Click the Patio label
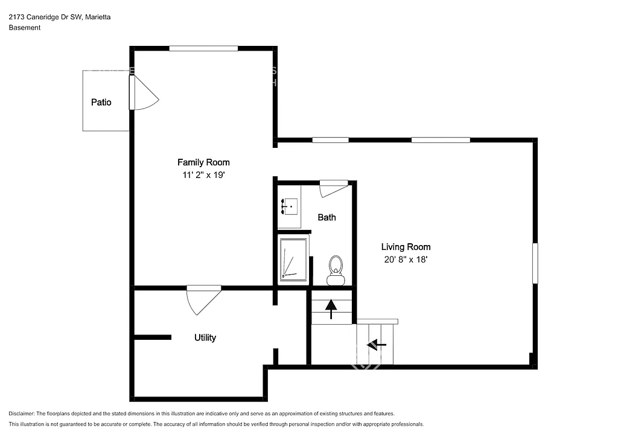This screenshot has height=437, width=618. [x=101, y=103]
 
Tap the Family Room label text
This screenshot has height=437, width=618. [x=203, y=162]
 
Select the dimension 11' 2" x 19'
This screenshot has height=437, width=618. [x=203, y=176]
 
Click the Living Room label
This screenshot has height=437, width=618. [x=406, y=247]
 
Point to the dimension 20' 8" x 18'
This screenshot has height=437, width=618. [x=406, y=260]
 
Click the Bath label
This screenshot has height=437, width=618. [x=327, y=217]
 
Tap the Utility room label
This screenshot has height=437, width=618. [x=205, y=338]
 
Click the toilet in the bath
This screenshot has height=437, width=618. [x=336, y=269]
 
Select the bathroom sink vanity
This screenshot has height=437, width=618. [x=289, y=207]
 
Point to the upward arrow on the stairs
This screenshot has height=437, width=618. [x=331, y=308]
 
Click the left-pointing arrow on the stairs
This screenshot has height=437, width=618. [x=377, y=345]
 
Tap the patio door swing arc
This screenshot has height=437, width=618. [x=145, y=95]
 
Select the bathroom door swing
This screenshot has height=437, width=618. [x=333, y=189]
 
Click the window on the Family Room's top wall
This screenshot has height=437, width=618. [x=203, y=48]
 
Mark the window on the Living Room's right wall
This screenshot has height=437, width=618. [x=535, y=263]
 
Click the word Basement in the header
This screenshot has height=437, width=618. [x=25, y=28]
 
